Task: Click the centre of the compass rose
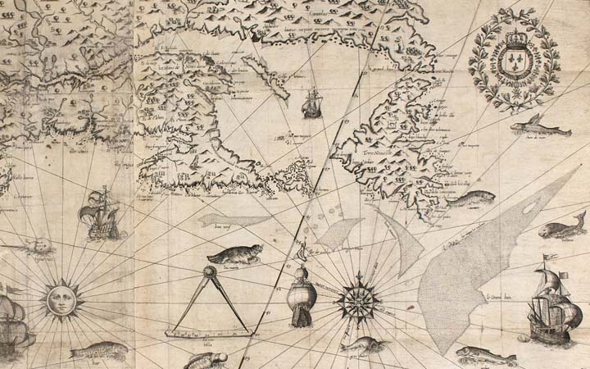(x=358, y=300)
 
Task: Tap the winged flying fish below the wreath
(x=533, y=127)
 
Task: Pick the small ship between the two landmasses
(x=311, y=103)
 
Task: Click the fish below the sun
(x=98, y=351)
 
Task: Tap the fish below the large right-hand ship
(x=485, y=355)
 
